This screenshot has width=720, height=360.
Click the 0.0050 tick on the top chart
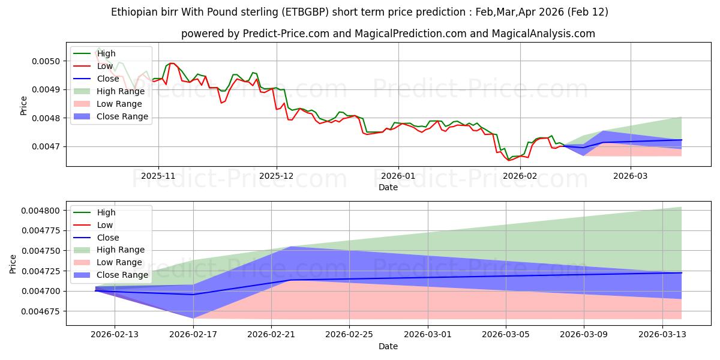point(46,61)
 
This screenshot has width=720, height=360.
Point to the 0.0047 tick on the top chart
point(46,146)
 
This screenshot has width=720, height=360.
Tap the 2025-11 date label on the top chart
point(158,176)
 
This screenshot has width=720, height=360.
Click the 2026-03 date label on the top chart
point(631,176)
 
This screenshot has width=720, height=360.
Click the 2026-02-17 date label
point(193,335)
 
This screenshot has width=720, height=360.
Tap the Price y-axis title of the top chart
point(23,105)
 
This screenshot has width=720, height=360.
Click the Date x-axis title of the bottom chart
point(388,346)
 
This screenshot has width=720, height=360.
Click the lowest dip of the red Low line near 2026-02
point(509,160)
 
